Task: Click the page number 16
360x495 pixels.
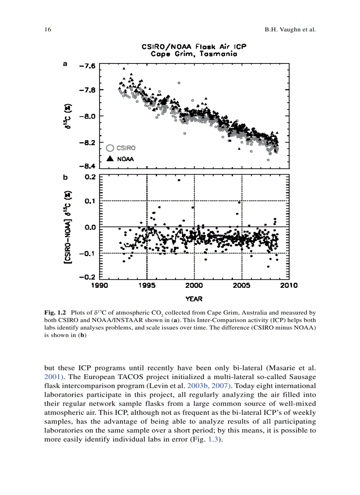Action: pos(48,30)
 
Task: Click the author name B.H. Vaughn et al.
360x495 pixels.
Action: pos(290,30)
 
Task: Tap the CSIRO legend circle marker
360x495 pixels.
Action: pos(111,148)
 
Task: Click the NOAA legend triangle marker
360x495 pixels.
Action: pos(111,159)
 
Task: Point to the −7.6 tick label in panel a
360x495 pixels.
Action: pos(86,66)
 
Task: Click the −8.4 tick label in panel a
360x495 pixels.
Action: pos(86,166)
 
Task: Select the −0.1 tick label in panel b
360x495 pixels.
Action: pos(86,253)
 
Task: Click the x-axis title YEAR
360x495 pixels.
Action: pos(194,299)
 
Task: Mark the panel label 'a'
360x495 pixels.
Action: pos(65,63)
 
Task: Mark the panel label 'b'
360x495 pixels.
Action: pos(65,178)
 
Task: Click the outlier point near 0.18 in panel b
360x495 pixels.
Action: pos(179,180)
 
